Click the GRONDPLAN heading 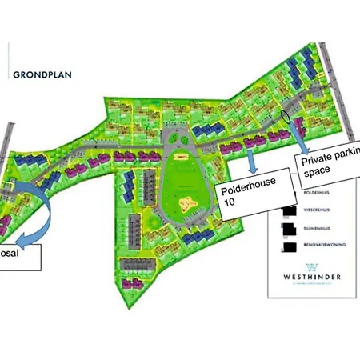(42, 76)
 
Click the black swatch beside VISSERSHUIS (287, 212)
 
